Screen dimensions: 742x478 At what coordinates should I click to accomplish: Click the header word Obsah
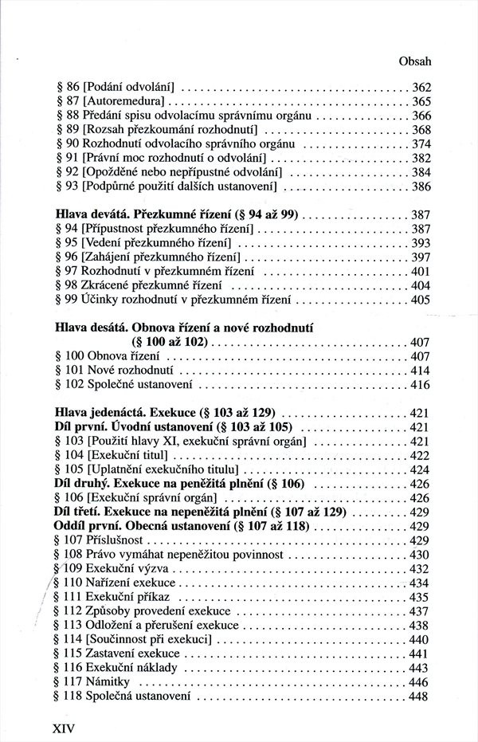[x=413, y=61]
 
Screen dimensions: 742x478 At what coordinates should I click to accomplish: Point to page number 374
[x=421, y=144]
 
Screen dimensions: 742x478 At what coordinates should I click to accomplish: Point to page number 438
[x=421, y=626]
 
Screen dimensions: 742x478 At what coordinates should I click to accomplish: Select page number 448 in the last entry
[x=421, y=697]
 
